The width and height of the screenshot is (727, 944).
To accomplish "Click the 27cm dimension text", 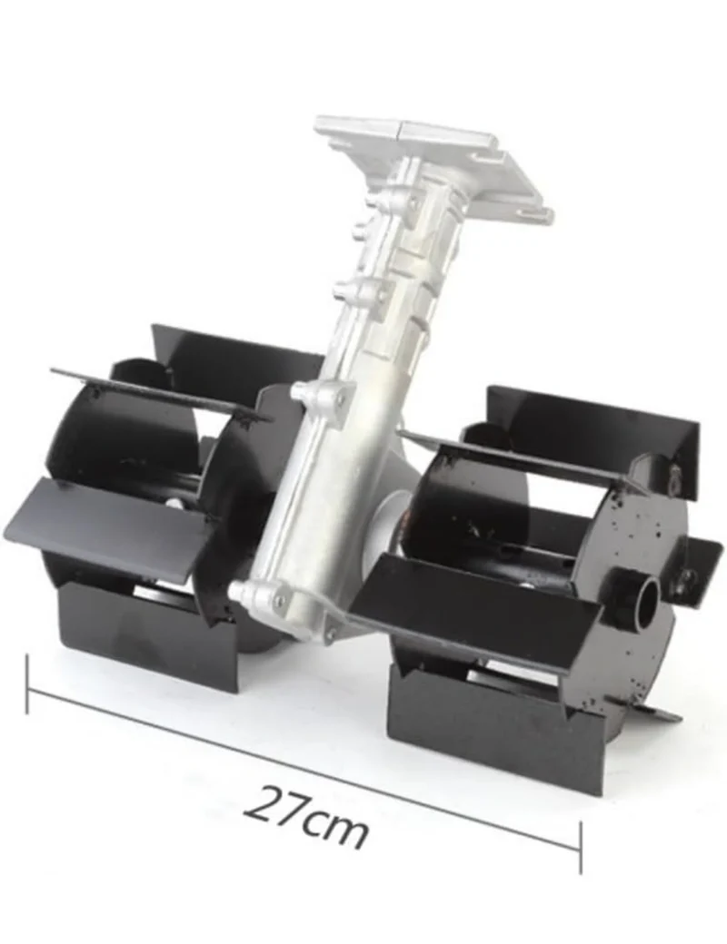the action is (x=305, y=816).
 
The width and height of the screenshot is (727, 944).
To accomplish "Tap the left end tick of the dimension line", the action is (x=27, y=684).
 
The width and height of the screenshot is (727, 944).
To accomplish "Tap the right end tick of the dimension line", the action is (x=581, y=847).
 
